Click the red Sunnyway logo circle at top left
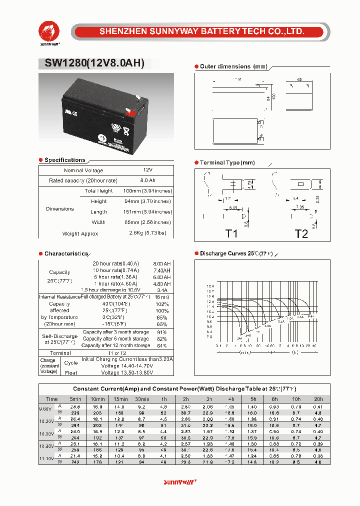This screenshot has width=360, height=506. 50,31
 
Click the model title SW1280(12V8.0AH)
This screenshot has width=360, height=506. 91,63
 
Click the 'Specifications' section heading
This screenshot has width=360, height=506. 64,160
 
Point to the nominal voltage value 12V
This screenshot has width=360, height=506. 147,170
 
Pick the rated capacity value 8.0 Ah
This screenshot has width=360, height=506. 147,180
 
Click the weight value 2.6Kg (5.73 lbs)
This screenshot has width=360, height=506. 147,233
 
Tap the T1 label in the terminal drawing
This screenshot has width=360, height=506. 231,233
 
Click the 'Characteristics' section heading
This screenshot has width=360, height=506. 66,254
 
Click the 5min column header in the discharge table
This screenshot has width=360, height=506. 75,399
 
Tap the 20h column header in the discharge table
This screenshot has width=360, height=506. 318,399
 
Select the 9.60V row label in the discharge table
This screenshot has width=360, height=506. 45,409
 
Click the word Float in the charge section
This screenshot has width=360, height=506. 71,372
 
